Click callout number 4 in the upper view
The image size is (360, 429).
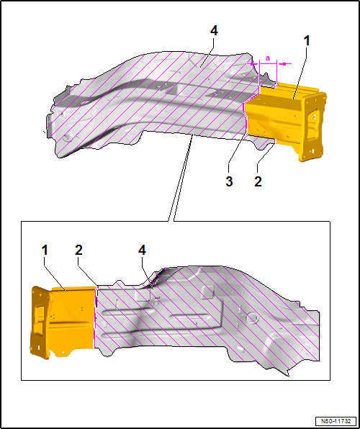click(214, 31)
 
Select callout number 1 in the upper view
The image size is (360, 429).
click(307, 41)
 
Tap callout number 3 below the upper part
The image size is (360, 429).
click(229, 181)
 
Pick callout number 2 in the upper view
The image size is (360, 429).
click(258, 181)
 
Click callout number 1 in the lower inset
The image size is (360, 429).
click(45, 250)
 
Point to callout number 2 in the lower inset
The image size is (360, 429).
click(78, 250)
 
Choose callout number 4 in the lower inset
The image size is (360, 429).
click(142, 250)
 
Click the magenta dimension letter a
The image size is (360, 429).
click(268, 58)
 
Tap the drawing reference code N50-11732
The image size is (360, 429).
click(336, 421)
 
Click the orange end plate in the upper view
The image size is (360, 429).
click(312, 126)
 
